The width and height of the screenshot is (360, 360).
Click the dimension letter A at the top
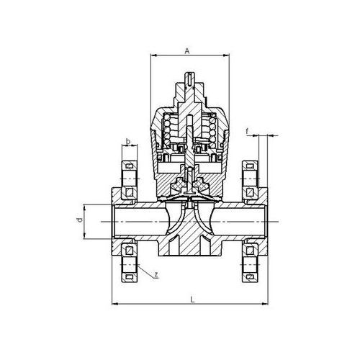[x=186, y=51]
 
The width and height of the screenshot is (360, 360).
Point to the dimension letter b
[x=128, y=140]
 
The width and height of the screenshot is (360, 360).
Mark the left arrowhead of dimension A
[x=153, y=57]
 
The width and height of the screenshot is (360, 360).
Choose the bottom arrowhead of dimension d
[x=85, y=237]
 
